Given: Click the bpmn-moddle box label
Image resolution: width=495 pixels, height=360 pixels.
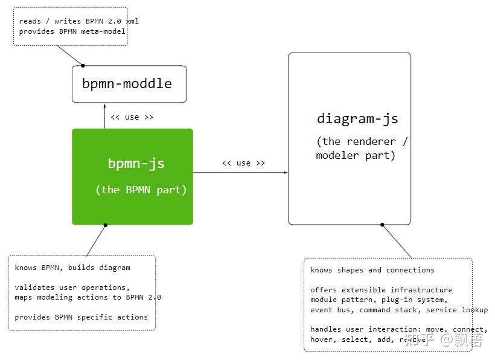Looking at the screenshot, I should click(127, 84).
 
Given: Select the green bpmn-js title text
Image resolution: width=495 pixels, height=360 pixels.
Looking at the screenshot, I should click(136, 163).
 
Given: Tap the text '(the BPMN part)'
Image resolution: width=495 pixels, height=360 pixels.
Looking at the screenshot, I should click(141, 190).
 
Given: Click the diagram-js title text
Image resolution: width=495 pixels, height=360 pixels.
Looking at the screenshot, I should click(357, 118).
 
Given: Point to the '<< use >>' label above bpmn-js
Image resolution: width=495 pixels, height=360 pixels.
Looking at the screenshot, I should click(132, 117).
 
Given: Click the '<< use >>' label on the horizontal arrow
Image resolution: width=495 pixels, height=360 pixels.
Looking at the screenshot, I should click(243, 163).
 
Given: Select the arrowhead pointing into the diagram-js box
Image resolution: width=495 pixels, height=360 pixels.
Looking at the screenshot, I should click(286, 173).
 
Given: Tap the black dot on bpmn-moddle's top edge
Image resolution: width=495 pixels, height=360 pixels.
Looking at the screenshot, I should click(83, 65).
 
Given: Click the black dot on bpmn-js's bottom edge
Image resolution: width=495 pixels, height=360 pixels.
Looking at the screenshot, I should click(106, 225).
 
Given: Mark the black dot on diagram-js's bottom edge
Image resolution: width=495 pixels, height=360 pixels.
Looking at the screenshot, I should click(382, 225).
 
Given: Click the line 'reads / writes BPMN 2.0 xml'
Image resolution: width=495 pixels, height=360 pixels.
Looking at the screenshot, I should click(78, 21).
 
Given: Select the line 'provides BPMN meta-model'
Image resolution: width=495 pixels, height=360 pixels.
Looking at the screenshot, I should click(72, 31).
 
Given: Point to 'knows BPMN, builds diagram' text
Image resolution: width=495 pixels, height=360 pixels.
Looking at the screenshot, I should click(72, 268).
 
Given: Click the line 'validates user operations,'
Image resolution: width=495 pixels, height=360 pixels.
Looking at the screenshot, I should click(72, 288).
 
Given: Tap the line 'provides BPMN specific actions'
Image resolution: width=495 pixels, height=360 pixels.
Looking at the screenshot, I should click(81, 317).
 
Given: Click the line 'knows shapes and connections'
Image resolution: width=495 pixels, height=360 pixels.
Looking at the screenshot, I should click(372, 270).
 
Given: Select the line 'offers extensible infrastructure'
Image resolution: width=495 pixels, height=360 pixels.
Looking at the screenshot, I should click(381, 290).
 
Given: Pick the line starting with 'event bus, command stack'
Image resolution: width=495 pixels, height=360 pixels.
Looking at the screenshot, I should click(398, 310).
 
